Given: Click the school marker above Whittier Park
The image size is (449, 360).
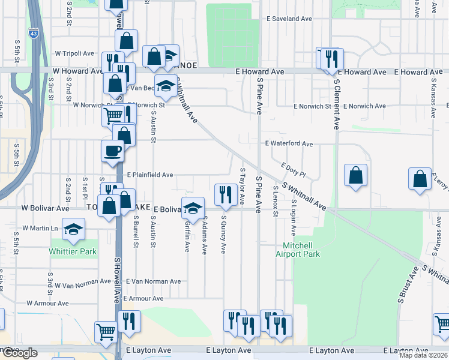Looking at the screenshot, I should (73, 229).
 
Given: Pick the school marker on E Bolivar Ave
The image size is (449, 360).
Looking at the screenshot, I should (193, 208).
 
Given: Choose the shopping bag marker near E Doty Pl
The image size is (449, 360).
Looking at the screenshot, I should (356, 175).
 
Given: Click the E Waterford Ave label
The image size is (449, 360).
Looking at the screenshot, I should (289, 144).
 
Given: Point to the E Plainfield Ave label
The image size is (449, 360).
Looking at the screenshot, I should (149, 175).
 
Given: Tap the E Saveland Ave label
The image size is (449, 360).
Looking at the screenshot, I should (292, 19).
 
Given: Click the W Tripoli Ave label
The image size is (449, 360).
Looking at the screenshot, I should (74, 53).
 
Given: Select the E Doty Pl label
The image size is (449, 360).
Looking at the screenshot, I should (293, 170).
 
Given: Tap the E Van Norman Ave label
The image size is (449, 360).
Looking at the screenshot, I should (152, 281).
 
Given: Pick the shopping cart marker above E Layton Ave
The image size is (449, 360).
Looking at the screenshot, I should (106, 331).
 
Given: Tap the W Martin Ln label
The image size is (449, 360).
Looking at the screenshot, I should (40, 229).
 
